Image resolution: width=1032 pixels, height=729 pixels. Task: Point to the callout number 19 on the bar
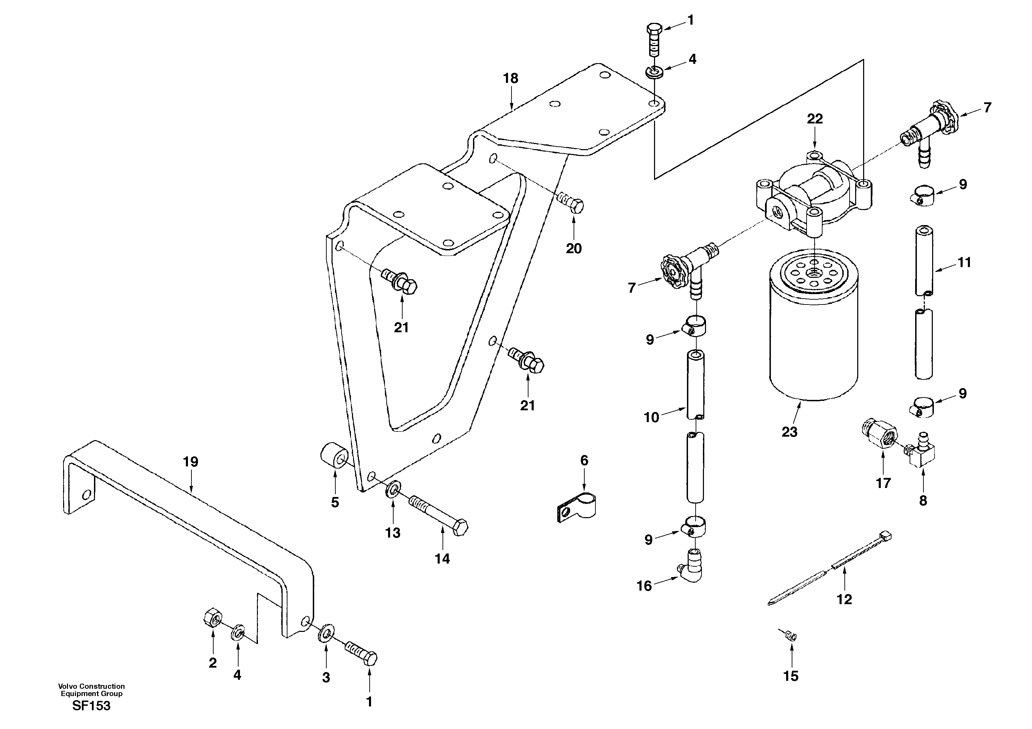(x=191, y=462)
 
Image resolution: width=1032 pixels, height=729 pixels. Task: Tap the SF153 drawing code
(x=91, y=706)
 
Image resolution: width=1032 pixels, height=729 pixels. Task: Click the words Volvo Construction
(x=91, y=686)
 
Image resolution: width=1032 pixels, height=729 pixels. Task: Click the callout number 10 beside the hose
(x=651, y=418)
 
